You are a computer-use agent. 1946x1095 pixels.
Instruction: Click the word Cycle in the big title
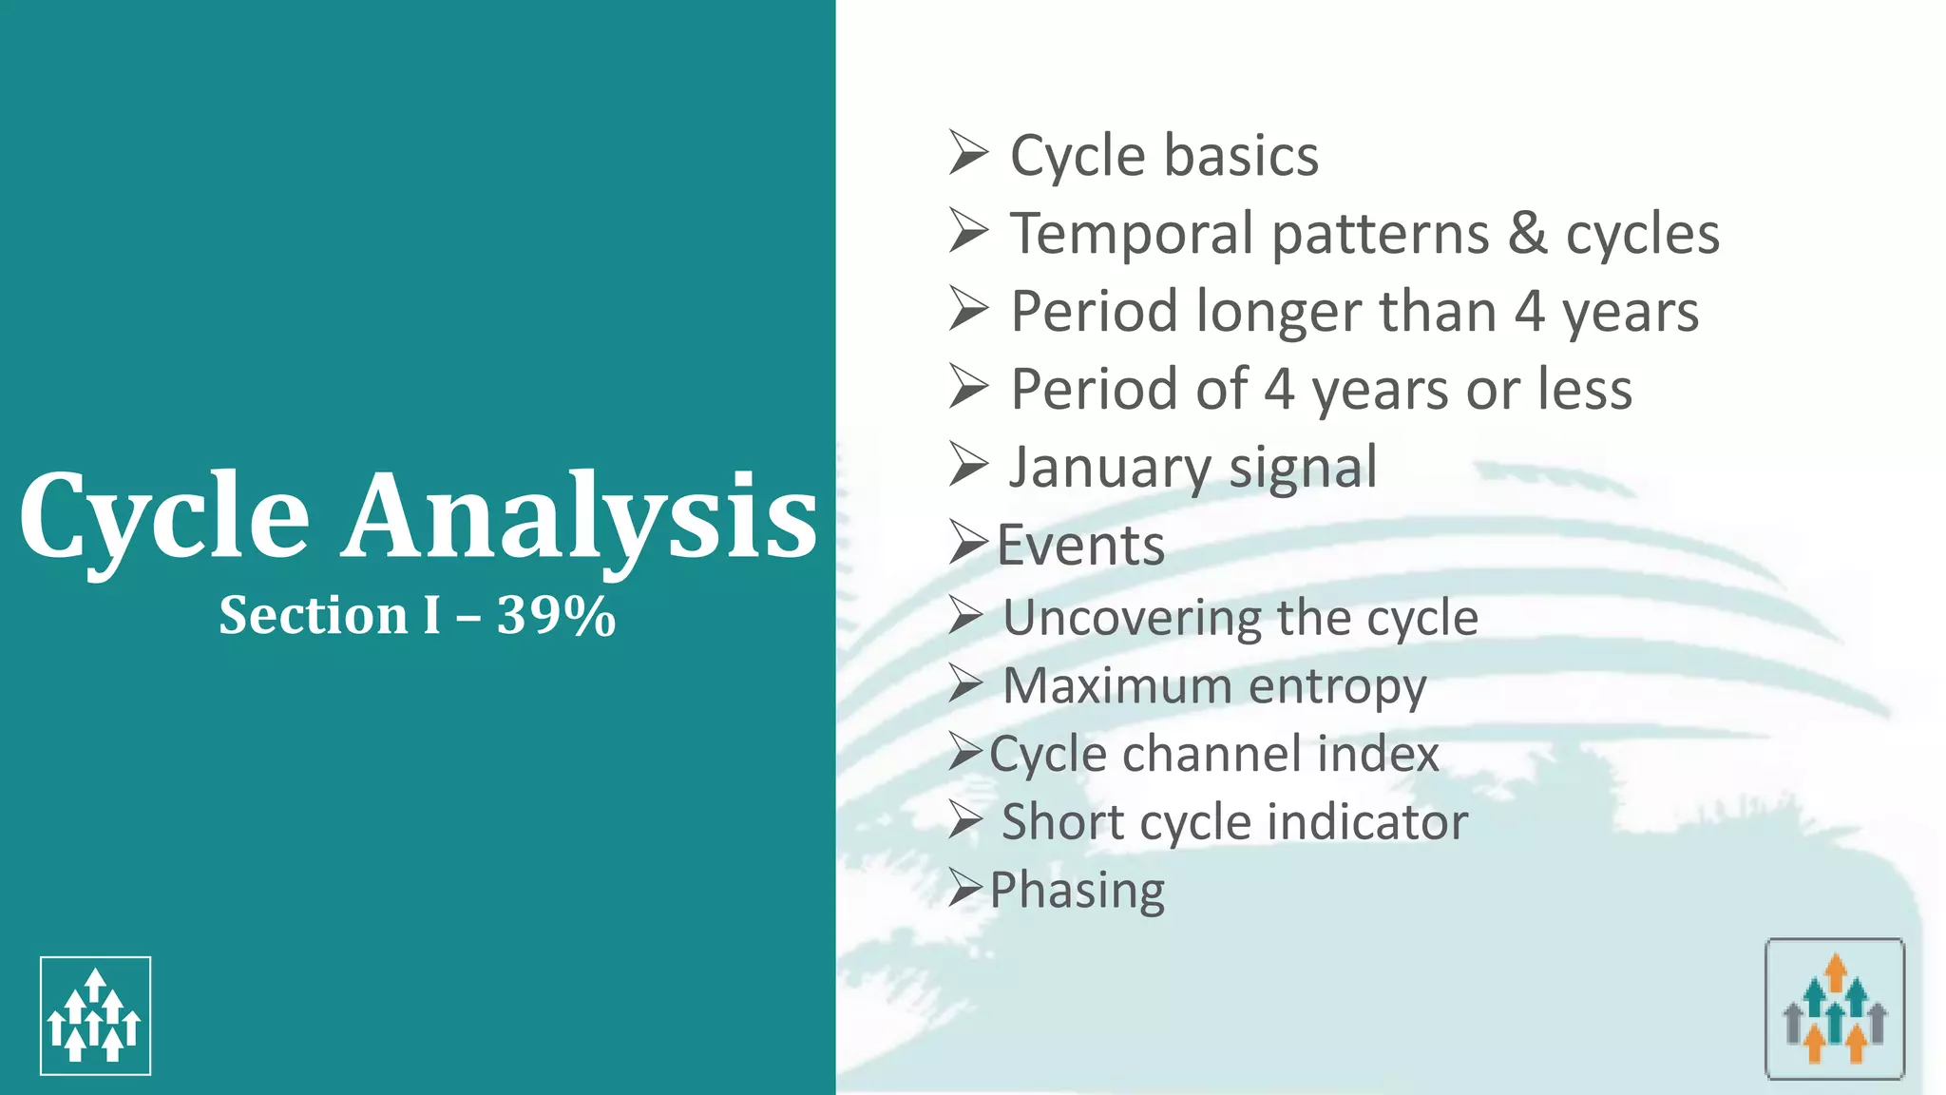[163, 518]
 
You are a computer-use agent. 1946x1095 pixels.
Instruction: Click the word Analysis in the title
[580, 518]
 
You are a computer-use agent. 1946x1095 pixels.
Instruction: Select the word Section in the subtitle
[313, 616]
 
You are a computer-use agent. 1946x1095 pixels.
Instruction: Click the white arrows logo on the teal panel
[95, 1015]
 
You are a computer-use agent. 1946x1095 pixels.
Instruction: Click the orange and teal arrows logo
[1835, 1009]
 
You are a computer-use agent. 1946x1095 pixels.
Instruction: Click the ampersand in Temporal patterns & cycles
[1527, 234]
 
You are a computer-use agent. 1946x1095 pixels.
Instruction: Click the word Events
[1080, 546]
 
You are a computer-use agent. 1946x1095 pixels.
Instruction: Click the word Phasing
[1077, 891]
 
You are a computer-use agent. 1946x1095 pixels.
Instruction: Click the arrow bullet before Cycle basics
[968, 154]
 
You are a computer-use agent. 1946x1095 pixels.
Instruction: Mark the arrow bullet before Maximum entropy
[965, 684]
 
